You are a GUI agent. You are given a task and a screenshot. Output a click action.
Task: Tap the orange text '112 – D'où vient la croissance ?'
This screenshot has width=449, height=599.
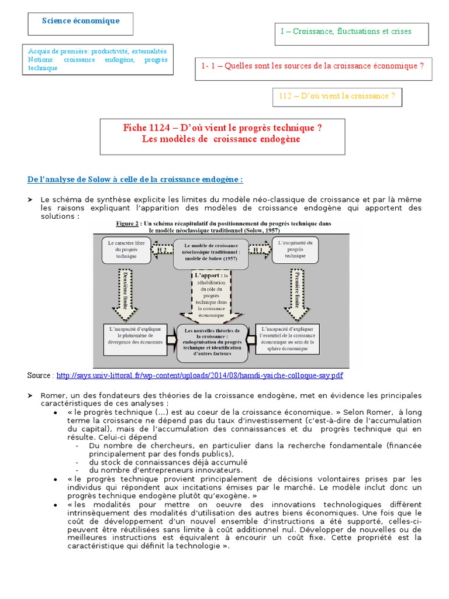(x=337, y=97)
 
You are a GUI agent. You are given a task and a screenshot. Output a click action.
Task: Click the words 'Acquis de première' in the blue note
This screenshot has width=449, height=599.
(x=54, y=52)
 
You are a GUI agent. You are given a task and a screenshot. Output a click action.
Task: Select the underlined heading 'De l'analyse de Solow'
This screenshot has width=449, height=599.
(x=134, y=179)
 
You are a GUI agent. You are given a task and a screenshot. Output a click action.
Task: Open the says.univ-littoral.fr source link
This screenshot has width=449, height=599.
(x=199, y=375)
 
